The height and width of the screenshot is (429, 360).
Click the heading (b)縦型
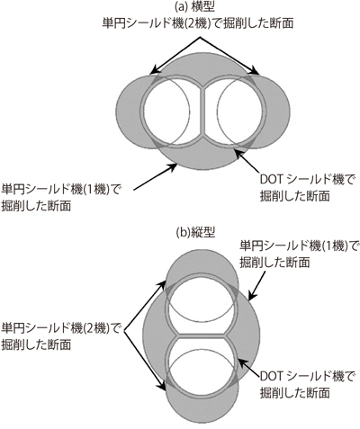click(195, 233)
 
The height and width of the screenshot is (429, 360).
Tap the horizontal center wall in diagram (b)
click(202, 335)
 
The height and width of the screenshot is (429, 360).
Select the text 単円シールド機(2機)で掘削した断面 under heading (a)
click(198, 23)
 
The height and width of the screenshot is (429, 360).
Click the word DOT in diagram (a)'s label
click(272, 180)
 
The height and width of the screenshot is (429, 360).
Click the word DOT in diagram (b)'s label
click(272, 377)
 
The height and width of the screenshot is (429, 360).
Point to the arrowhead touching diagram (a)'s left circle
click(154, 71)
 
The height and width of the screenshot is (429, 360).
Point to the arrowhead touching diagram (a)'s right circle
click(255, 71)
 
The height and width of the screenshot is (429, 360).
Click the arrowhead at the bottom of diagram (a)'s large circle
click(174, 166)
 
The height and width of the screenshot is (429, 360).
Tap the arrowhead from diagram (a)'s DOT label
click(238, 152)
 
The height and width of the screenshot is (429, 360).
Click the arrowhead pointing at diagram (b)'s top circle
click(163, 284)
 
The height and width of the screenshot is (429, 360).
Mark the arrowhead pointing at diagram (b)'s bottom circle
click(163, 387)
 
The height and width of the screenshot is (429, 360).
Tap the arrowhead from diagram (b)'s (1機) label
click(251, 296)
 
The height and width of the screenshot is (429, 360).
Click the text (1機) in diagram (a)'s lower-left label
click(96, 190)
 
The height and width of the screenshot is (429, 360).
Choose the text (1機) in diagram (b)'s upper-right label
click(334, 246)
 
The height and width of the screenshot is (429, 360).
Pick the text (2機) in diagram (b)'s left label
click(96, 328)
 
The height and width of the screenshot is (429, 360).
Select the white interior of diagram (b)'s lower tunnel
click(202, 366)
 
